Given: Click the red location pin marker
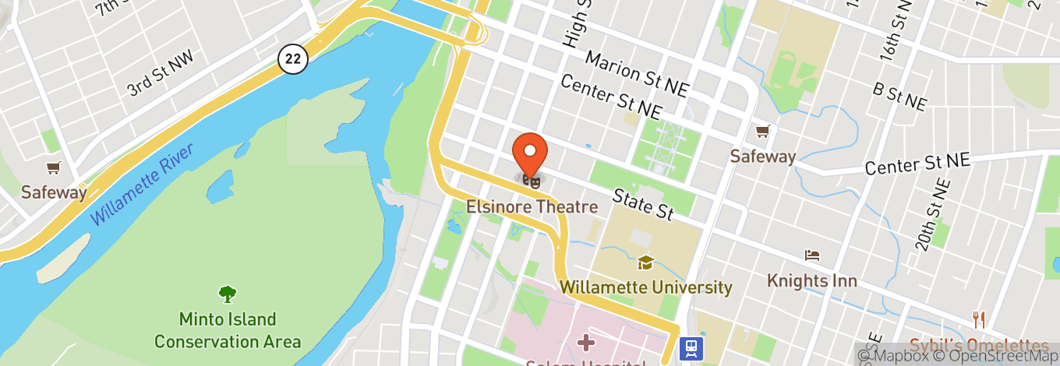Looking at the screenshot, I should (x=530, y=152).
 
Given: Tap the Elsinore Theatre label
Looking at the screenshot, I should (x=532, y=207).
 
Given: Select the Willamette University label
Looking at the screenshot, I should (x=646, y=288).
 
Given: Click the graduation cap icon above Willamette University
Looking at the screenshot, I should (x=645, y=263).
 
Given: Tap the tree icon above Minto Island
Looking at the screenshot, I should (x=228, y=294).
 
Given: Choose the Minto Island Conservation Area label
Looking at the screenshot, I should (x=228, y=330).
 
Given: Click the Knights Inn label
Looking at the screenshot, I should (x=811, y=280).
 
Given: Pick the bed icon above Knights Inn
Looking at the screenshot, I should (x=812, y=255).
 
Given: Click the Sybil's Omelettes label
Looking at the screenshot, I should (x=979, y=346).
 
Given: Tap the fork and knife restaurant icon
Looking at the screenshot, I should (x=979, y=319).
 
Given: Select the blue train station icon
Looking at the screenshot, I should (x=690, y=348).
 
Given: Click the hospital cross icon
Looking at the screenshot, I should (x=586, y=343).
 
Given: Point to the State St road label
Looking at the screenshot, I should (x=643, y=202).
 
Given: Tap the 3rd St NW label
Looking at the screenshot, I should (x=160, y=73).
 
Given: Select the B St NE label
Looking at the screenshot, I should (x=899, y=97).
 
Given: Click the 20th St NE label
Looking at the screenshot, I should (x=934, y=215).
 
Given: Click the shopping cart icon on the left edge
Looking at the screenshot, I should (x=53, y=167).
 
